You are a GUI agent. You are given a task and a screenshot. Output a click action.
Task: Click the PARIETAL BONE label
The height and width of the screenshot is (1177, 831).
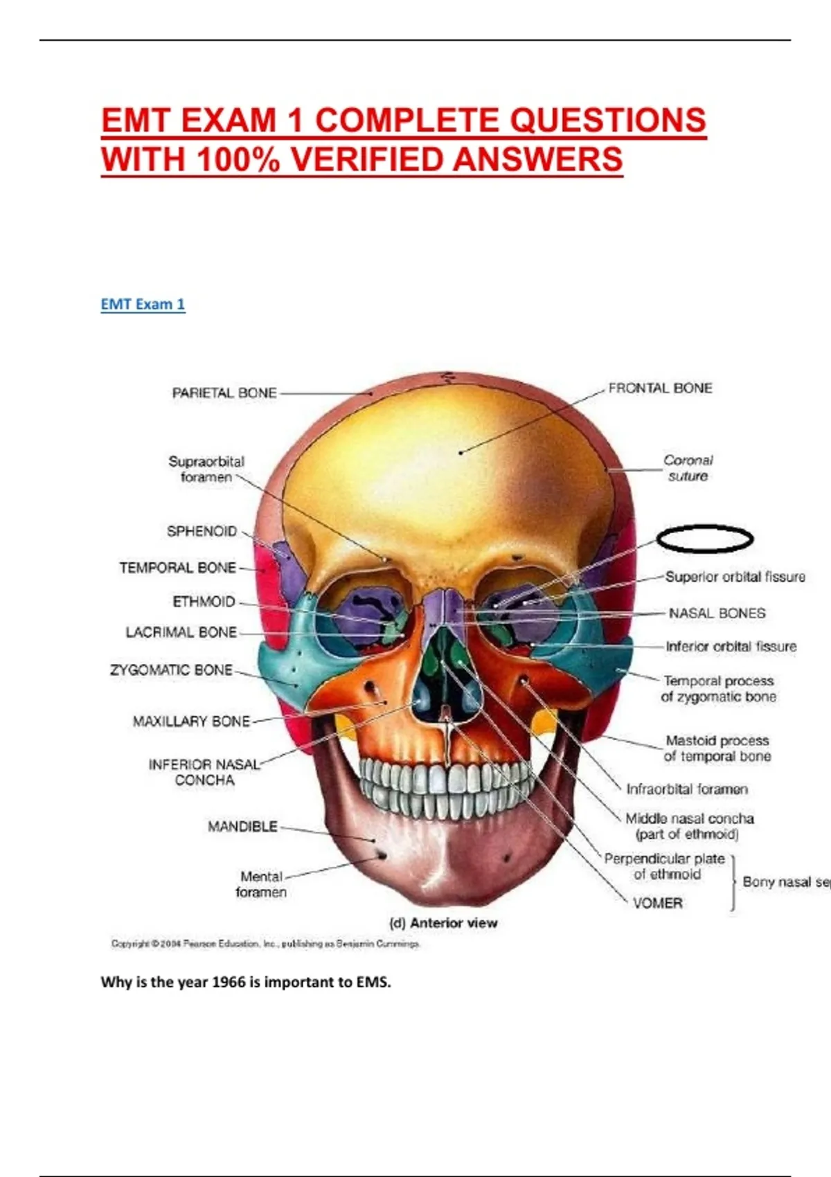[224, 393]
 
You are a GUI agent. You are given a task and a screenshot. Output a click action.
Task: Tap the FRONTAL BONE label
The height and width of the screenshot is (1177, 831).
[659, 388]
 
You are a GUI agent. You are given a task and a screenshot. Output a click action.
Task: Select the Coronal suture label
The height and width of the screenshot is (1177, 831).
[688, 468]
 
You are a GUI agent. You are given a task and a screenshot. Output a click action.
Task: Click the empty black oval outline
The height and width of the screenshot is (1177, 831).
[704, 539]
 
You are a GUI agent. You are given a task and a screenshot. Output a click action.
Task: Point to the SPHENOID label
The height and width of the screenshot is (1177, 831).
[202, 531]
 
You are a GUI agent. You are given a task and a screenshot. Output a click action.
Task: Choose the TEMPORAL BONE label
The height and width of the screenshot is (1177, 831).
[177, 568]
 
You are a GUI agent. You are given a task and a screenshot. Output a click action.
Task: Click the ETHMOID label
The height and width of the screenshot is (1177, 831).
[204, 602]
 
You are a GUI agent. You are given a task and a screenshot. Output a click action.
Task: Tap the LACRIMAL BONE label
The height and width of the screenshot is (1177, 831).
[181, 632]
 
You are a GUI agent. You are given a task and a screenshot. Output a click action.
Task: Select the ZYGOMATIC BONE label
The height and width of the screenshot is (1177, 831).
[171, 670]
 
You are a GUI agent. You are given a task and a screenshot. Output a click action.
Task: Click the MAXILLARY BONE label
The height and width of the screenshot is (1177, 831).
[191, 721]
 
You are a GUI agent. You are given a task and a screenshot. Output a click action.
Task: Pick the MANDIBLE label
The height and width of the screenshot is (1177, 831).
[242, 826]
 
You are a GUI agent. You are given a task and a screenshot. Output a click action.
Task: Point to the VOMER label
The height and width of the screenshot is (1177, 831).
[657, 903]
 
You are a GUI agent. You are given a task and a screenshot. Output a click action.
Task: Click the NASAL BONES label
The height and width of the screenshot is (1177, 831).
[717, 613]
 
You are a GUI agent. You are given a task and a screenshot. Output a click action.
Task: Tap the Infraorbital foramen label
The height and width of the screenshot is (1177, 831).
[686, 789]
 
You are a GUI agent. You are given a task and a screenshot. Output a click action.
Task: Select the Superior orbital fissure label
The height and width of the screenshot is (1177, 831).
[735, 577]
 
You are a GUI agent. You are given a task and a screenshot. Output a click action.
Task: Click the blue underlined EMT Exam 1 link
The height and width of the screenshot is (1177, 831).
[143, 304]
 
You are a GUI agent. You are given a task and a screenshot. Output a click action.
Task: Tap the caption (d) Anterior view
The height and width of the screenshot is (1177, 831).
[443, 923]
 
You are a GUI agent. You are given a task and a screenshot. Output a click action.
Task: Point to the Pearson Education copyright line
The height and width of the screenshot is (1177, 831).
[265, 944]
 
